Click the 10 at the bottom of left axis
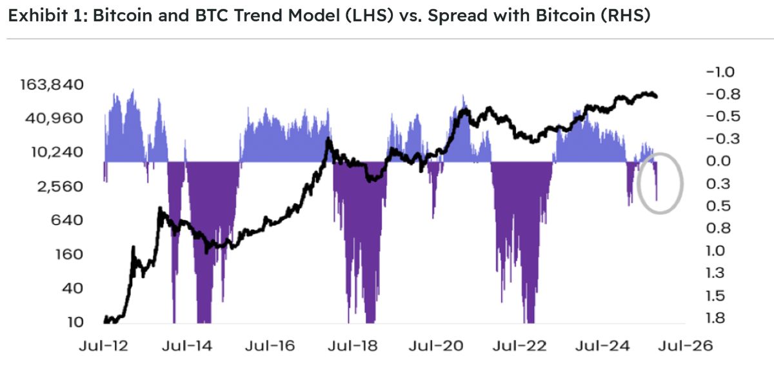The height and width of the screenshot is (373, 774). (77, 321)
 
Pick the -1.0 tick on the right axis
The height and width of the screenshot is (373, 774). (721, 72)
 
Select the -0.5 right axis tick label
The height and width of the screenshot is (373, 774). (721, 116)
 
